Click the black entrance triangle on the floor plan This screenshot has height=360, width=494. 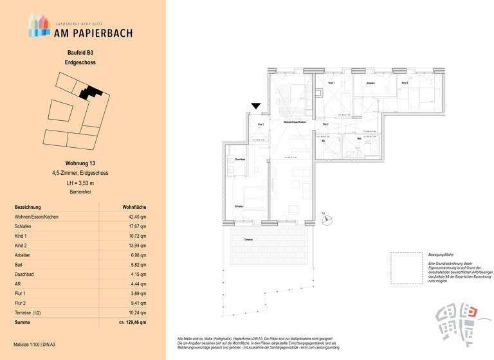pyautogui.click(x=256, y=105)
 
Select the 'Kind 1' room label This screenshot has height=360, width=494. pyautogui.click(x=332, y=84)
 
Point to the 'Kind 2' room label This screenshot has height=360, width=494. pyautogui.click(x=405, y=84)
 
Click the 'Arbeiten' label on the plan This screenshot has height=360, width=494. pyautogui.click(x=370, y=84)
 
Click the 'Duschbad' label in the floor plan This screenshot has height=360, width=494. pyautogui.click(x=239, y=159)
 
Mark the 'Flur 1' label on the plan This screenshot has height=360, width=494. pyautogui.click(x=261, y=123)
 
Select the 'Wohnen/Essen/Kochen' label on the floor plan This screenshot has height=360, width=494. pyautogui.click(x=293, y=122)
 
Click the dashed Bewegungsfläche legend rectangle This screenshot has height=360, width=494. pyautogui.click(x=407, y=268)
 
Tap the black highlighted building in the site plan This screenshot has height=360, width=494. pyautogui.click(x=91, y=92)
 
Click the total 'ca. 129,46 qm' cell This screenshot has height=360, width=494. pyautogui.click(x=133, y=322)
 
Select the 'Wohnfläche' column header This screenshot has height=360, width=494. pyautogui.click(x=134, y=207)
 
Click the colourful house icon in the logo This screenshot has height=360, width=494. pyautogui.click(x=39, y=25)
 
